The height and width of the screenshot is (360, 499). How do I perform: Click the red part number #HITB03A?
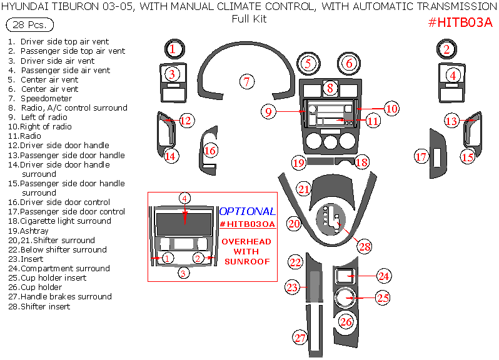click(x=460, y=23)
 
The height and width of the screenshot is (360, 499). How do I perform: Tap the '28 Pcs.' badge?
click(x=29, y=26)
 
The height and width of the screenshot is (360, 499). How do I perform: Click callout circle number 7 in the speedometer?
click(x=247, y=81)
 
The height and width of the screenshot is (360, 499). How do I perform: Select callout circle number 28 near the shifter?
click(x=365, y=246)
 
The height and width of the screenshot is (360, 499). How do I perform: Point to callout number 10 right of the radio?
click(x=391, y=109)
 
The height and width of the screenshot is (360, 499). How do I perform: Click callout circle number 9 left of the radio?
click(x=268, y=112)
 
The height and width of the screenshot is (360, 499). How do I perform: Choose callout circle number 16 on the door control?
click(x=211, y=151)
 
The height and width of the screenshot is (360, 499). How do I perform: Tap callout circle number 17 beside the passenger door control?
click(x=420, y=157)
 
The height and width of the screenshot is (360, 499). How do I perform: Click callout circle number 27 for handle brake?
click(x=301, y=338)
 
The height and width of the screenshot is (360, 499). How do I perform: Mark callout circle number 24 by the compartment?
click(x=383, y=276)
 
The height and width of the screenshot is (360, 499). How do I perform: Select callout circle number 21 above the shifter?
click(x=304, y=189)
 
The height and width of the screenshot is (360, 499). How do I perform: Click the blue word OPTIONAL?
click(x=247, y=212)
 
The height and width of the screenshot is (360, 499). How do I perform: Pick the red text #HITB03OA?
click(x=247, y=224)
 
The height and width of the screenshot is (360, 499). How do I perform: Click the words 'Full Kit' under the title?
click(x=249, y=19)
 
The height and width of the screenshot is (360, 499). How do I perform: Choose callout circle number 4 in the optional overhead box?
click(x=184, y=198)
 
